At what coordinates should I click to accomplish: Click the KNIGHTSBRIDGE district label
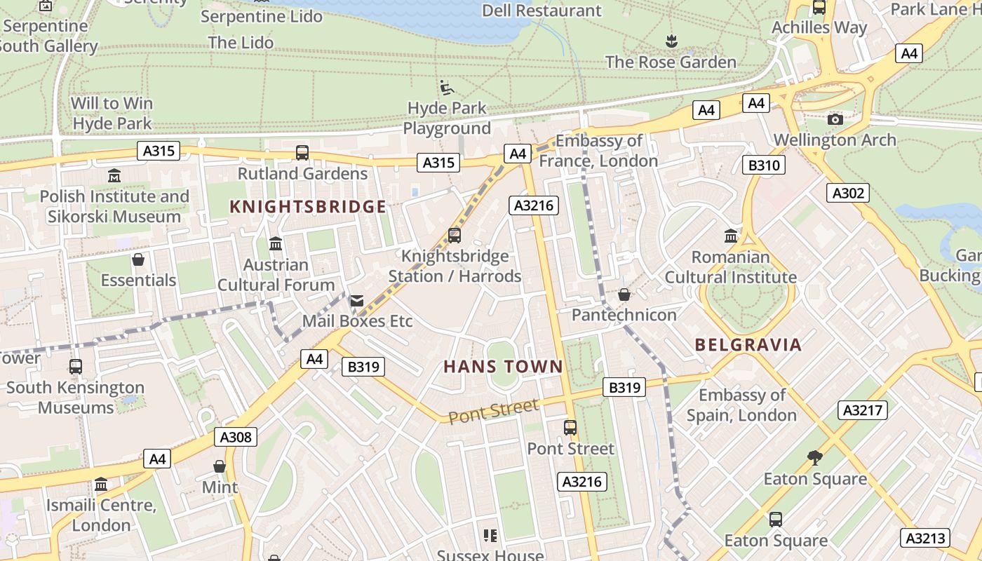click(x=308, y=206)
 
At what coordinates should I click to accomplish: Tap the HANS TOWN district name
click(x=503, y=366)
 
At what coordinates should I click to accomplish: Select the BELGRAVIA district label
click(x=748, y=344)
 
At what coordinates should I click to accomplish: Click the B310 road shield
click(x=764, y=165)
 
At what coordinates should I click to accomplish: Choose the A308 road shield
click(x=235, y=437)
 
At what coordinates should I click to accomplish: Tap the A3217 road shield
click(x=862, y=410)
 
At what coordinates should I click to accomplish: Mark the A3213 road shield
click(x=925, y=538)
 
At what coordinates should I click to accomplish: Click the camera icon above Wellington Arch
click(x=835, y=119)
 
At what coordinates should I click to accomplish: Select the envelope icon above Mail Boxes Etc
click(x=357, y=301)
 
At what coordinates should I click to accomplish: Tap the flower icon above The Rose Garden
click(x=671, y=41)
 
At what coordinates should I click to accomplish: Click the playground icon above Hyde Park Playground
click(x=447, y=88)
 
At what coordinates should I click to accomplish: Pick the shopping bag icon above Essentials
click(x=138, y=260)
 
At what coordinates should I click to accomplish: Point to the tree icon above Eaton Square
click(x=815, y=458)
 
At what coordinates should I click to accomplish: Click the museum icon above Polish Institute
click(x=114, y=175)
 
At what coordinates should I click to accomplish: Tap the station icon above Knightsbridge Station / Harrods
click(x=455, y=236)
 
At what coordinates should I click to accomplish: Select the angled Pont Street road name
click(x=493, y=410)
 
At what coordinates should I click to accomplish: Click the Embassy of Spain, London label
click(x=741, y=405)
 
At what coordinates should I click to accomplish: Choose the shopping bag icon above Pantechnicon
click(x=624, y=295)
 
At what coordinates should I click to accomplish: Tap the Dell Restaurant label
click(x=542, y=11)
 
